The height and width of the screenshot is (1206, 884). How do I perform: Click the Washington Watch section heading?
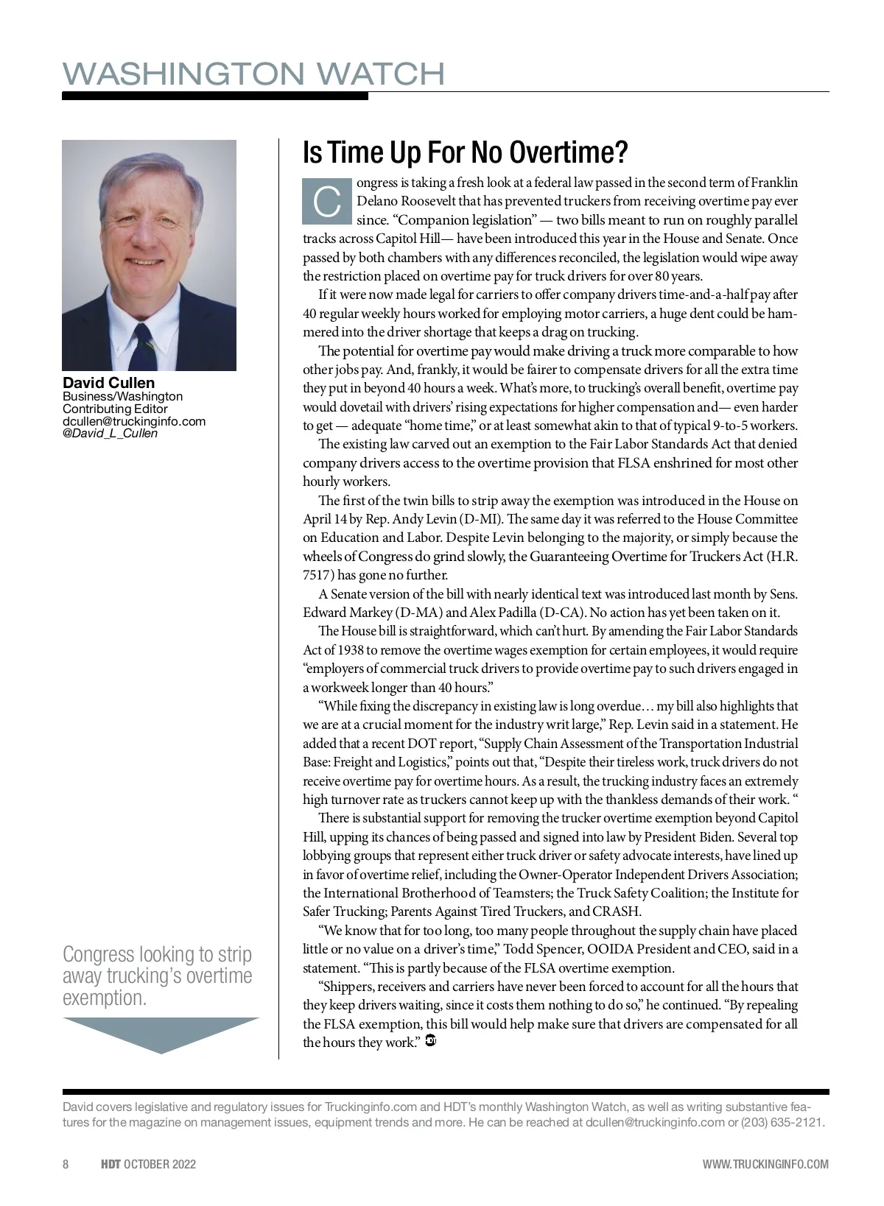(x=253, y=74)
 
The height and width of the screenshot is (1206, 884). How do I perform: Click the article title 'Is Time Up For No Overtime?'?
(x=465, y=152)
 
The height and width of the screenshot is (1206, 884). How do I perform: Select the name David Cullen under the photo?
(x=109, y=382)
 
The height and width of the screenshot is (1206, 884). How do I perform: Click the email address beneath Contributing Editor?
(x=134, y=421)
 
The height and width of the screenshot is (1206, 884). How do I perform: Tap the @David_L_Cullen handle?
(x=110, y=433)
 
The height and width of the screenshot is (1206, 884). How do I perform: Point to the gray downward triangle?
(x=161, y=1034)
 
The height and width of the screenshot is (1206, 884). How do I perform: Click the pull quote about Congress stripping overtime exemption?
(x=158, y=976)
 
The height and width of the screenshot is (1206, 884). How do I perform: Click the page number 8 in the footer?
(x=66, y=1164)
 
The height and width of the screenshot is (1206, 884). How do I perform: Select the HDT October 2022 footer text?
(x=149, y=1164)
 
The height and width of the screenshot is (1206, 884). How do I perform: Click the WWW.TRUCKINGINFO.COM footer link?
(x=765, y=1164)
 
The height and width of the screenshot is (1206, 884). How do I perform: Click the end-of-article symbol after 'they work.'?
(x=432, y=1041)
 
